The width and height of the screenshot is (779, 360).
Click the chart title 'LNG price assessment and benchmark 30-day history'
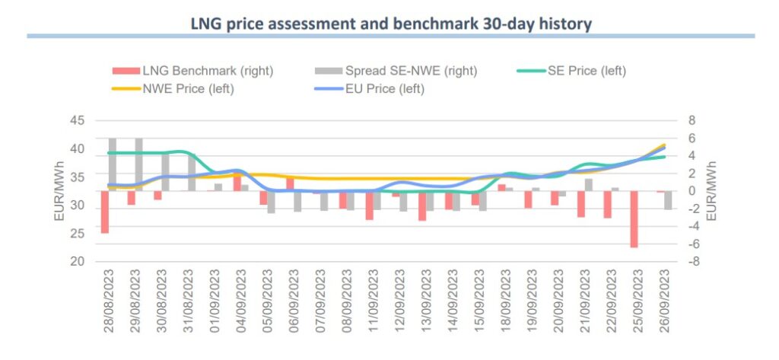pos(390,24)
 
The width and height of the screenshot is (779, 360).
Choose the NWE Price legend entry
pos(187,88)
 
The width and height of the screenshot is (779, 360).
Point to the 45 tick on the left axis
pos(76,120)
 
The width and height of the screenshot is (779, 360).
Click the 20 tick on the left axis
pos(76,261)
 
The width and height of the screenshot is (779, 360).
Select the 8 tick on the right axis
pos(691,120)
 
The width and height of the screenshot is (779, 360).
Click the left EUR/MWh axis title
pos(59,191)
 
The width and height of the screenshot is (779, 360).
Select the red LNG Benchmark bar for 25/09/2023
pos(634,218)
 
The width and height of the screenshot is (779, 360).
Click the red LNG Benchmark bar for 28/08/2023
pos(105,212)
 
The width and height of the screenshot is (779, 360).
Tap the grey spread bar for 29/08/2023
pos(138,164)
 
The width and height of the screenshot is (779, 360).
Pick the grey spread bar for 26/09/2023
pos(667,200)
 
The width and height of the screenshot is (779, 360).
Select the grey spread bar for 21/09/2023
pos(588,185)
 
